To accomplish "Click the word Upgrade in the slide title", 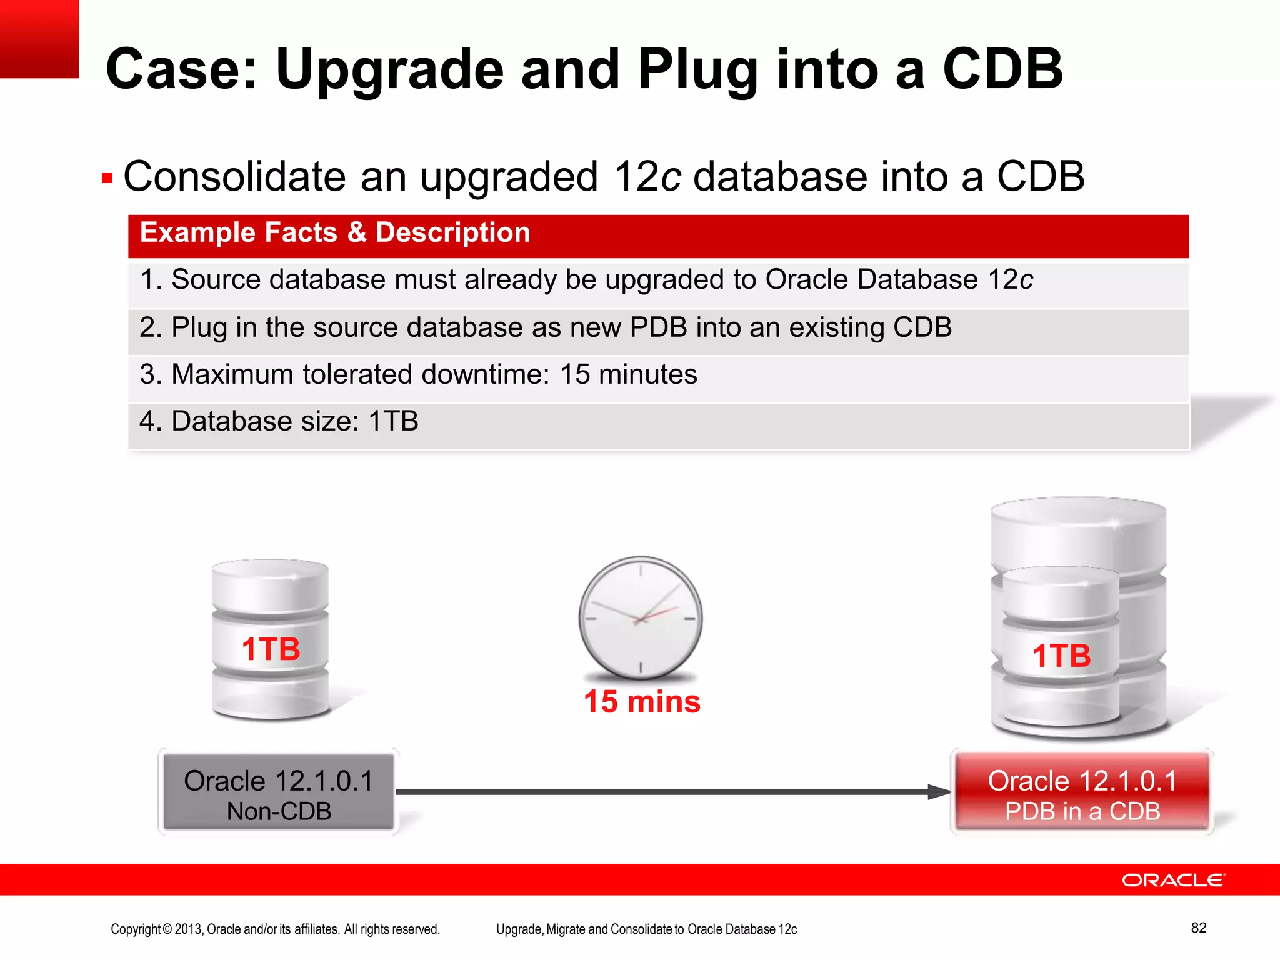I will pyautogui.click(x=389, y=70).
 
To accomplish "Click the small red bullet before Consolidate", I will pyautogui.click(x=107, y=179).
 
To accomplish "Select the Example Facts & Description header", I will pyautogui.click(x=335, y=233).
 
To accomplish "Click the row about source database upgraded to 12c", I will pyautogui.click(x=586, y=279).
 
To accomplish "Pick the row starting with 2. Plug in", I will pyautogui.click(x=545, y=327).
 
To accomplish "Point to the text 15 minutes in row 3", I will pyautogui.click(x=627, y=375).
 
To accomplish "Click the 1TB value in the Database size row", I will pyautogui.click(x=393, y=422).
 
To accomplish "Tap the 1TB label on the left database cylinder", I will pyautogui.click(x=271, y=649).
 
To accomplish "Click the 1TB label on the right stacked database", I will pyautogui.click(x=1061, y=656).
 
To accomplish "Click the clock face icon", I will pyautogui.click(x=640, y=617).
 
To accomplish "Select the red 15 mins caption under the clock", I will pyautogui.click(x=642, y=702).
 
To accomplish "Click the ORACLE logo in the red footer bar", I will pyautogui.click(x=1173, y=880).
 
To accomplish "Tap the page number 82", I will pyautogui.click(x=1198, y=927).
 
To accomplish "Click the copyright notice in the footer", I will pyautogui.click(x=275, y=929).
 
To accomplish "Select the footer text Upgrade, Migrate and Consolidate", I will pyautogui.click(x=646, y=929).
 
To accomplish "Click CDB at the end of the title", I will pyautogui.click(x=1002, y=70).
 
